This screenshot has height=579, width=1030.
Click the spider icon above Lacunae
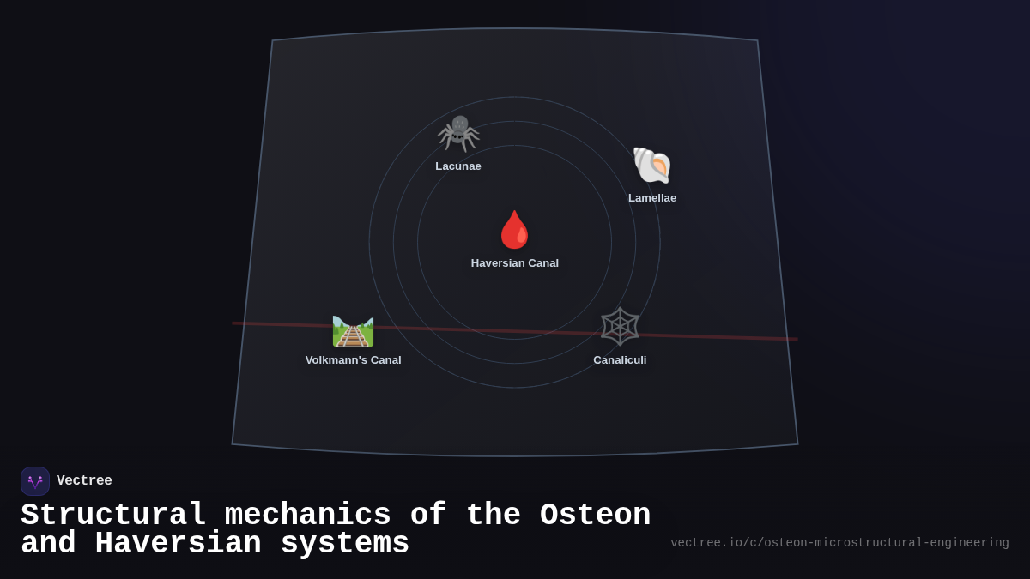click(458, 133)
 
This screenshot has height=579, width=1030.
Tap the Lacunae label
click(458, 166)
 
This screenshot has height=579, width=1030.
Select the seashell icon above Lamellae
click(652, 165)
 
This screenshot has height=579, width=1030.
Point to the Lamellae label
click(652, 198)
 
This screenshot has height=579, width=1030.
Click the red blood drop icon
click(515, 230)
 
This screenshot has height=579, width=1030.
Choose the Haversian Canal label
click(515, 263)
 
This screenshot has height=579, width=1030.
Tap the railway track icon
click(353, 330)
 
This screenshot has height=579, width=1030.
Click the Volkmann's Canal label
click(353, 360)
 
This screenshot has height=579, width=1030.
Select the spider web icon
click(620, 327)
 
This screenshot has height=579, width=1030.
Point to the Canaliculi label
click(620, 360)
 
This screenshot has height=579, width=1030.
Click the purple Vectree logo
click(35, 481)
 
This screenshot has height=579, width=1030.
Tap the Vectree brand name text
click(84, 481)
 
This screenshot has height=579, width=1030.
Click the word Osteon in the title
click(595, 516)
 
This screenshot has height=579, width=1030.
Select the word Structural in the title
click(113, 516)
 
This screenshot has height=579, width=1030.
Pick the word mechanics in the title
click(307, 516)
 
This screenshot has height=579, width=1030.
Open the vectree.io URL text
click(839, 543)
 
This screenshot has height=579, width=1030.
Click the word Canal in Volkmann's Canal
click(383, 360)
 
